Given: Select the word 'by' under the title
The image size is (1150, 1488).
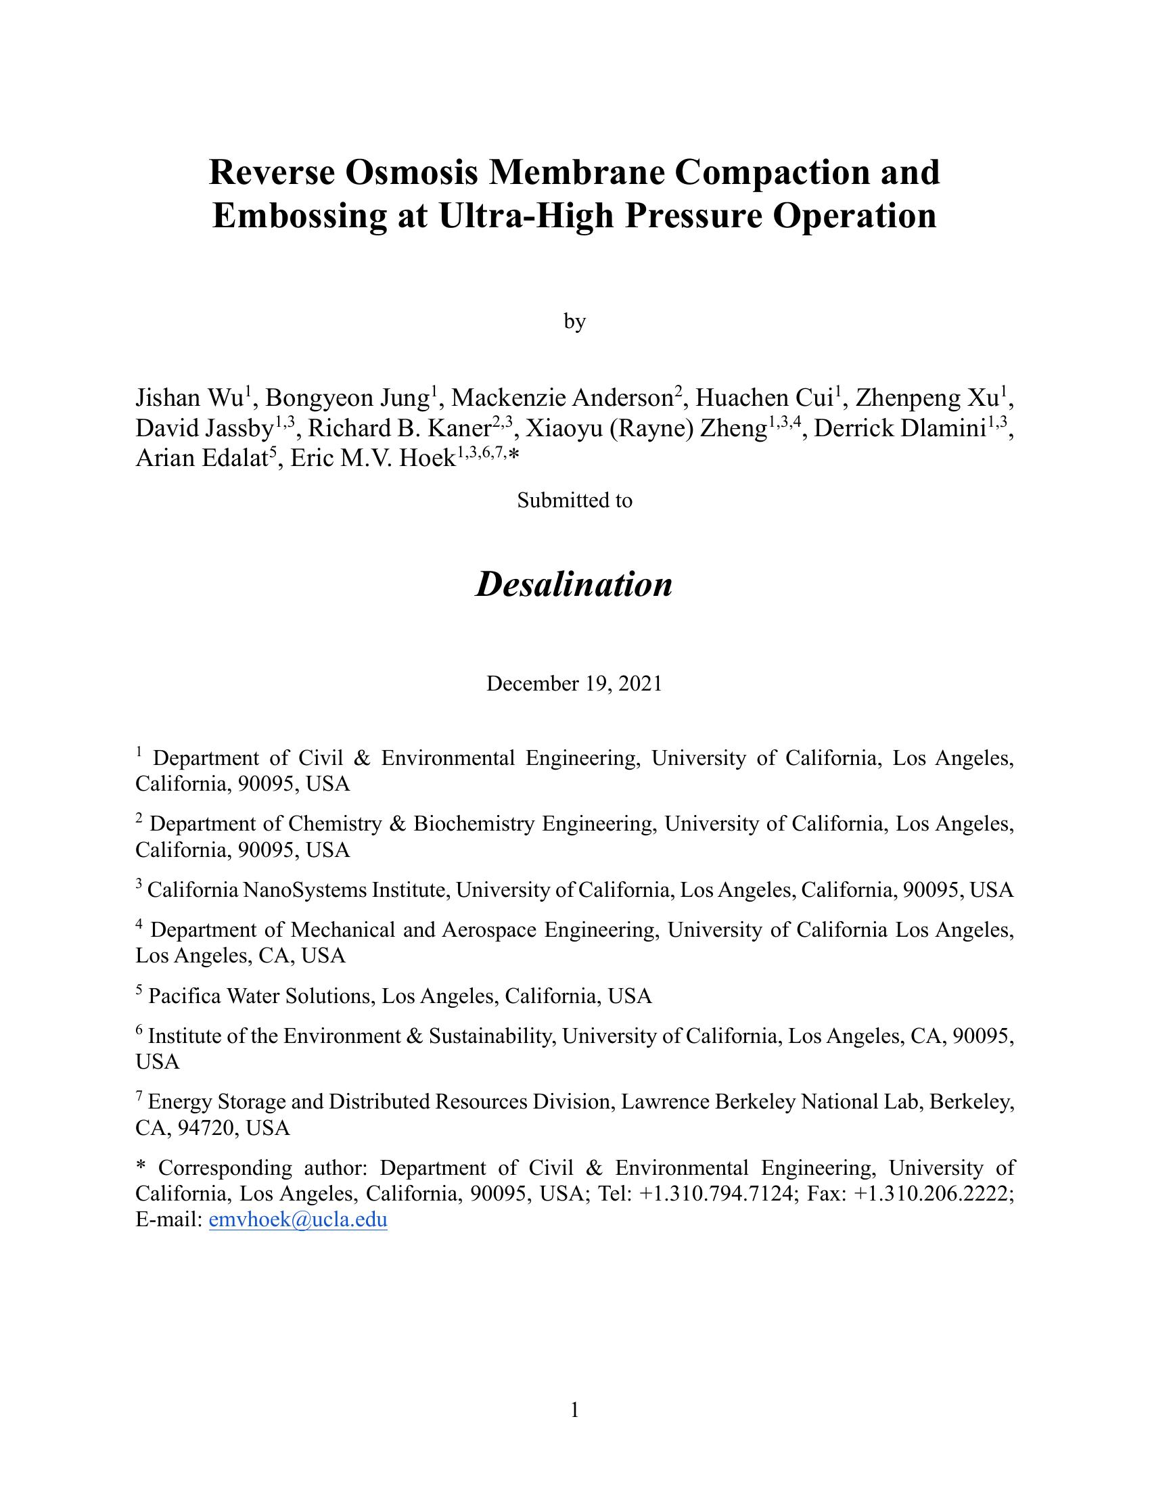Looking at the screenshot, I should coord(574,321).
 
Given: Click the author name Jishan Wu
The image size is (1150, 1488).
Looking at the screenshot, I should coord(189,397).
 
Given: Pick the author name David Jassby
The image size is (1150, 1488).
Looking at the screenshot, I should coord(204,429).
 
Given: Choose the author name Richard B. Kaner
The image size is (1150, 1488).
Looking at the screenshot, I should coord(400,429).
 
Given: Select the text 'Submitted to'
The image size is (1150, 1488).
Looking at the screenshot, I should coord(574,500).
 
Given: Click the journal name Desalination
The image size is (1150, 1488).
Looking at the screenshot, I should coord(574,584).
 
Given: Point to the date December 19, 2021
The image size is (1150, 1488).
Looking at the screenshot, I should coord(574,683).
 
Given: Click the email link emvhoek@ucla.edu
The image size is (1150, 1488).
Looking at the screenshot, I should coord(298,1219).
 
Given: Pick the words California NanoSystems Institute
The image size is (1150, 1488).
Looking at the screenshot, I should coord(296,890).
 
